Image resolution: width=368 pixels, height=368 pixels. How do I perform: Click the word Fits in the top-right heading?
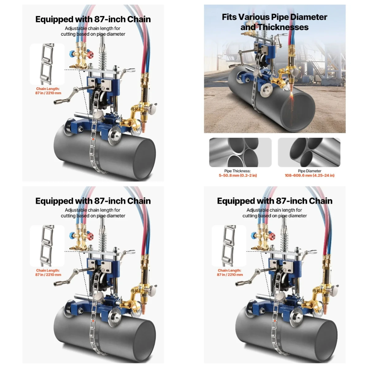229,17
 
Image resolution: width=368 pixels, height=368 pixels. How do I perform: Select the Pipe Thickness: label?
237,171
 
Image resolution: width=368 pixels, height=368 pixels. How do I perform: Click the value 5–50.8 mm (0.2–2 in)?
238,175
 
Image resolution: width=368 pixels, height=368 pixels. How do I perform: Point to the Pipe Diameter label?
309,171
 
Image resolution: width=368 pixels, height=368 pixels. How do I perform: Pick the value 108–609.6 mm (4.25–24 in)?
309,175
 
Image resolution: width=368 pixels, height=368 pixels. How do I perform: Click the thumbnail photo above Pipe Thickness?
240,152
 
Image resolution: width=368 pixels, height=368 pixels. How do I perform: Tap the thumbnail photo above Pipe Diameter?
309,152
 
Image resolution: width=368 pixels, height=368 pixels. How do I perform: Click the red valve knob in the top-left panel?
90,55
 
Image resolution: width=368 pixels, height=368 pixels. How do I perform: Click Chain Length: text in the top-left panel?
48,89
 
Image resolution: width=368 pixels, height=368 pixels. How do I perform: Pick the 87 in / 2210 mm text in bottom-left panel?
48,275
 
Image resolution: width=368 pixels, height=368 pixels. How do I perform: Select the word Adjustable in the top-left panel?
76,29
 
